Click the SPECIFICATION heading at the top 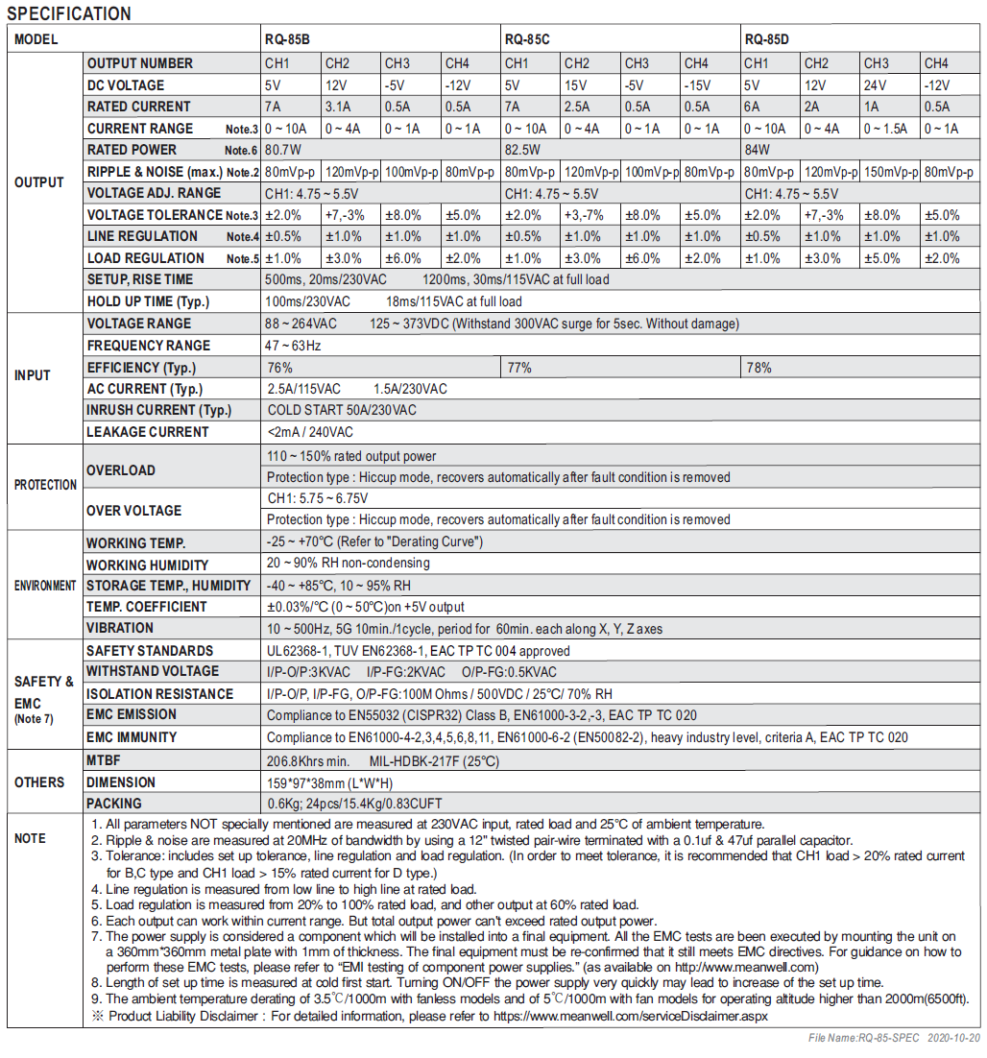69,13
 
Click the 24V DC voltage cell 877,85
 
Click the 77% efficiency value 519,368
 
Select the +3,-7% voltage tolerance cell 584,215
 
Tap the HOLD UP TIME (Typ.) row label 148,301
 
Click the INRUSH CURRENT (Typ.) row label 158,410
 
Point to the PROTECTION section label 45,485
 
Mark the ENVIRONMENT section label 45,586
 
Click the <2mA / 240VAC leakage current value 310,432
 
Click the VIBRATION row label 120,628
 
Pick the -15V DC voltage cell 698,85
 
